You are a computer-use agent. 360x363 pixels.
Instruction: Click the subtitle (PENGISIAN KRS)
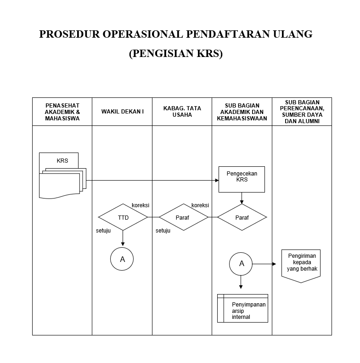point(175,54)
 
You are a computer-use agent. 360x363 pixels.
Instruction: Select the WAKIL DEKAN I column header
point(122,111)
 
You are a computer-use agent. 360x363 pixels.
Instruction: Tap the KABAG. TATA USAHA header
point(182,111)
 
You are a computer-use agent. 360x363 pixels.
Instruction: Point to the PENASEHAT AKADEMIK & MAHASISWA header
point(62,111)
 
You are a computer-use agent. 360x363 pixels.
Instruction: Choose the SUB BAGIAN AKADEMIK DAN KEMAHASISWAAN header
point(242,111)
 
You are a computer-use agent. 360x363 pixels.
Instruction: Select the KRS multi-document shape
point(62,177)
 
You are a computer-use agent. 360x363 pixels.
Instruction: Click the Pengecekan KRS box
point(242,179)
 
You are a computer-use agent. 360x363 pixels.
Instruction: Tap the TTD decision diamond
point(123,217)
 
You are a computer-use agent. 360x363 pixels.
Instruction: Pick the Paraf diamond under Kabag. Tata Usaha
point(182,217)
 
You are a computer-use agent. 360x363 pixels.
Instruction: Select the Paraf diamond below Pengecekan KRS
point(242,217)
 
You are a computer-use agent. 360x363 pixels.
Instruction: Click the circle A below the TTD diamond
point(122,259)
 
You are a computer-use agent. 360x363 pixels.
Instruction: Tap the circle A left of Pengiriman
point(242,264)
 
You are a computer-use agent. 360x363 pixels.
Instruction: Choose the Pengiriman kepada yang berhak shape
point(301,264)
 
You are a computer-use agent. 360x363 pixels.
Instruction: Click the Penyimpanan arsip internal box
point(242,308)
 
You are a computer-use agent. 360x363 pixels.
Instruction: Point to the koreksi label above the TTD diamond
point(141,205)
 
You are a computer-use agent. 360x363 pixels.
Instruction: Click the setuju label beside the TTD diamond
point(103,231)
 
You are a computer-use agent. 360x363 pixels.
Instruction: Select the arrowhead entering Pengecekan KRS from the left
point(216,180)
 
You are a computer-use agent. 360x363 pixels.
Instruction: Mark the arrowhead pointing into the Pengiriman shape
point(274,264)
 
